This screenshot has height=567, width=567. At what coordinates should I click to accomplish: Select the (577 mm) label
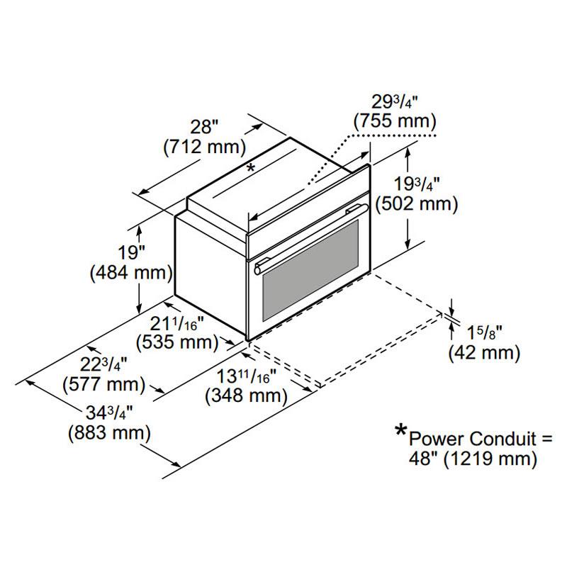105,386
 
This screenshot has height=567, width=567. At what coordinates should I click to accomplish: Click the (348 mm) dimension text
246,396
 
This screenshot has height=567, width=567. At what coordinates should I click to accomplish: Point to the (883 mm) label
108,432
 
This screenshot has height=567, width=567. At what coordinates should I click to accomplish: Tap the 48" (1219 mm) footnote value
471,459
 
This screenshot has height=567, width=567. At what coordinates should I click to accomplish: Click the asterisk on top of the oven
249,169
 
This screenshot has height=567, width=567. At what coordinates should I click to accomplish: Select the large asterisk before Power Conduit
402,430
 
